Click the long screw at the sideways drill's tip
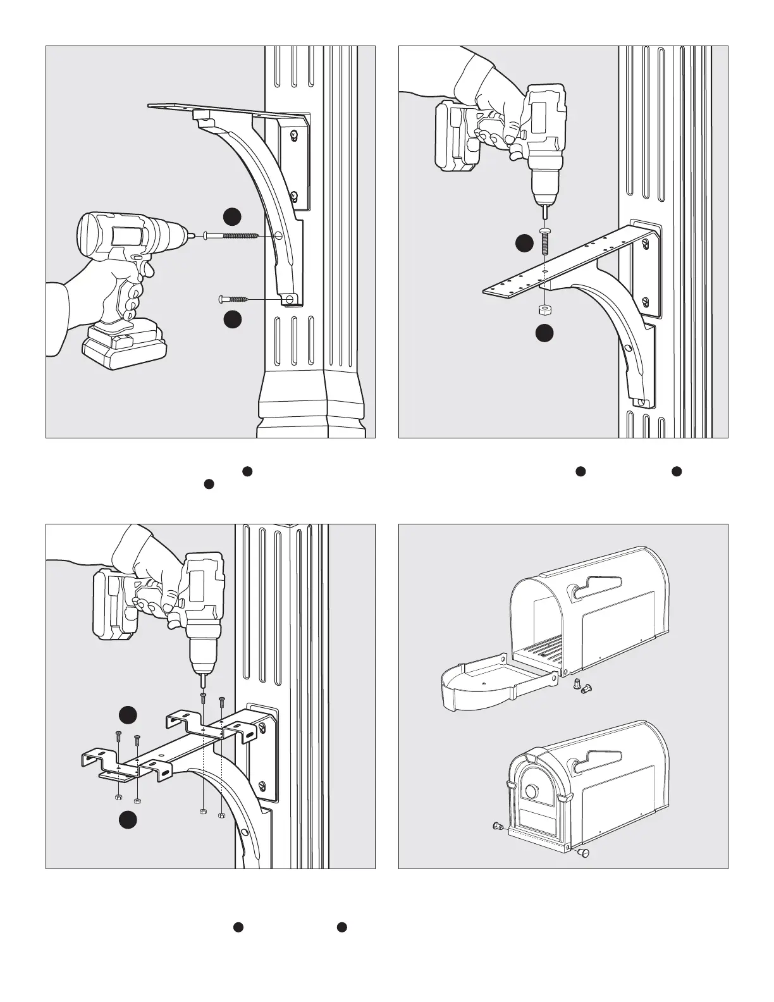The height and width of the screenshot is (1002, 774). [x=231, y=236]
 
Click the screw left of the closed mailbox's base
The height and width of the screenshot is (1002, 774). [x=497, y=826]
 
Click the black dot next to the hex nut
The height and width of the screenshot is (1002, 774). [x=544, y=333]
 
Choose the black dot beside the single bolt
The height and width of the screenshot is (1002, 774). [x=524, y=244]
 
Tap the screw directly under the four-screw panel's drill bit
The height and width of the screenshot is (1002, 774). [x=203, y=698]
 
